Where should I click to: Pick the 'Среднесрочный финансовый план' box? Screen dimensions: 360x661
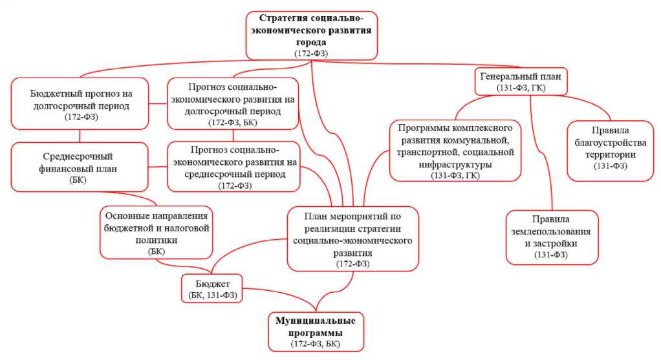tap(78, 166)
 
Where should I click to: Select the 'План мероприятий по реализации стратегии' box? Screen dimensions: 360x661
tap(352, 237)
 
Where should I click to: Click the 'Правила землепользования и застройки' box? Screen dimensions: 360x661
tap(551, 237)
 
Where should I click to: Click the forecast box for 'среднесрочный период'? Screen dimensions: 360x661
tap(233, 166)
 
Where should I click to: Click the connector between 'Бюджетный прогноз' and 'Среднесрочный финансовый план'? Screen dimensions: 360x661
tap(80, 135)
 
